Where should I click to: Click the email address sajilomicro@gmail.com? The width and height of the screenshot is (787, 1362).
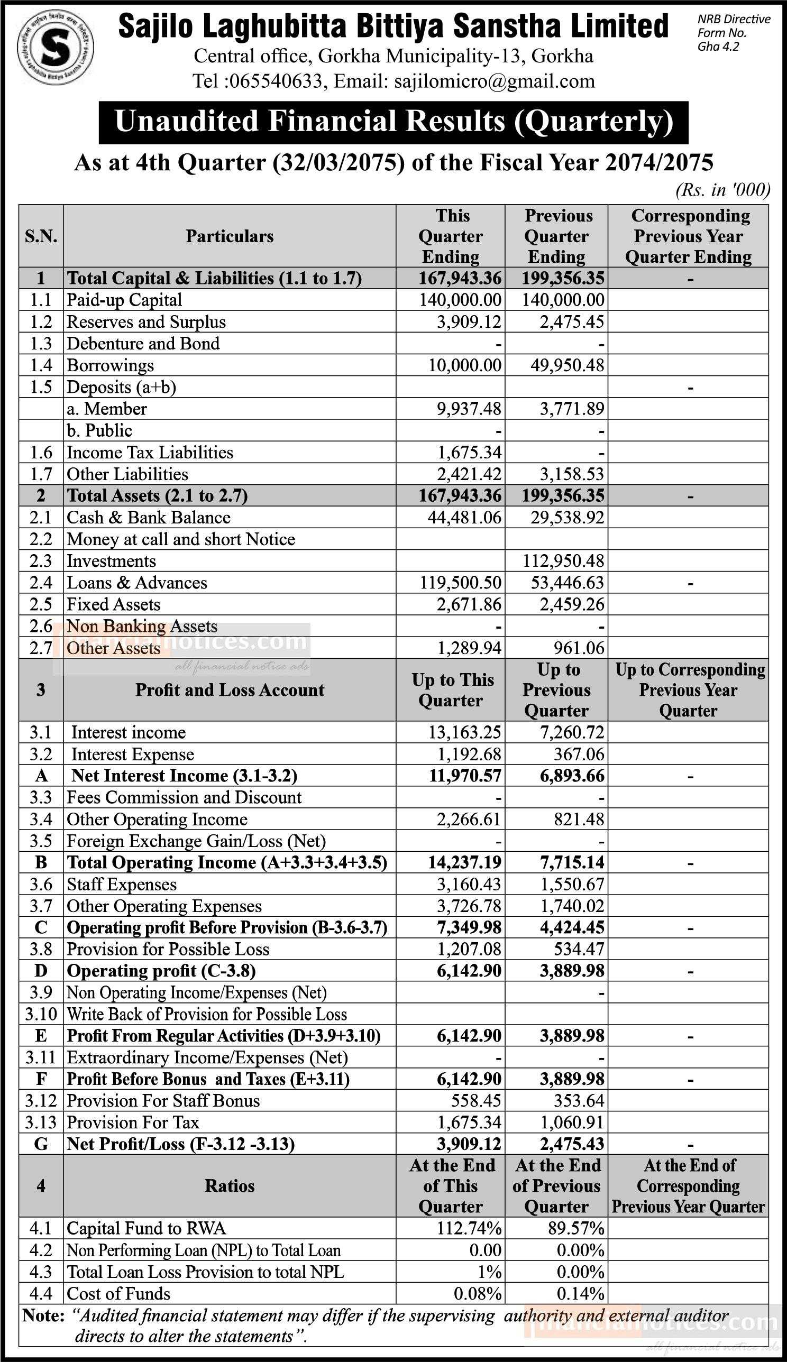click(495, 81)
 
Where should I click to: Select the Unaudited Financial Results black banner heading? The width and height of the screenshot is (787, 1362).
click(393, 122)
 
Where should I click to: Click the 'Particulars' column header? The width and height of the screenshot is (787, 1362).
click(229, 236)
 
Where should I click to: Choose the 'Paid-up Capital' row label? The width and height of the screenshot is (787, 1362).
click(124, 300)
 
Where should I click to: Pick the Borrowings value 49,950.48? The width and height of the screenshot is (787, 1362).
click(563, 365)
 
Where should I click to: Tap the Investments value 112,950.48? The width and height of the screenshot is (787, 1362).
click(563, 561)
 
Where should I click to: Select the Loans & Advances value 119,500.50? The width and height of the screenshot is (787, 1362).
click(461, 583)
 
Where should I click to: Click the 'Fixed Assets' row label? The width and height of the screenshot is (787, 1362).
click(113, 604)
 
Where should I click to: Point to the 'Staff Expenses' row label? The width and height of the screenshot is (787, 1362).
click(122, 885)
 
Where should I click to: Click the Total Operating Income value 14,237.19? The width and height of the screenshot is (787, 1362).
click(464, 862)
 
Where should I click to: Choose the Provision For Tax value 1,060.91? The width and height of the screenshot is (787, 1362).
click(571, 1122)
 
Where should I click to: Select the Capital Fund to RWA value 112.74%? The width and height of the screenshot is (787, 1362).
click(469, 1229)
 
